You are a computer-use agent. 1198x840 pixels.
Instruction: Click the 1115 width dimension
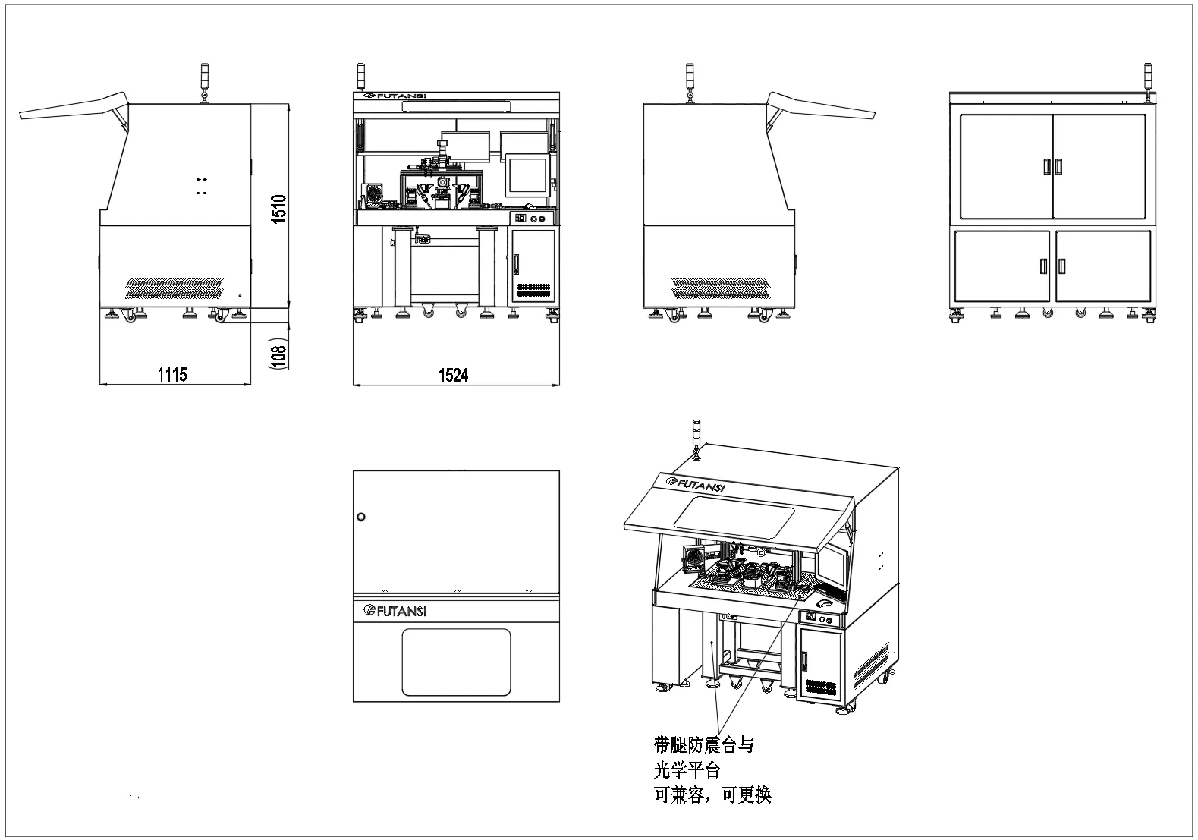click(x=172, y=373)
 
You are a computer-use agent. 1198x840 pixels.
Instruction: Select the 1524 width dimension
click(x=453, y=374)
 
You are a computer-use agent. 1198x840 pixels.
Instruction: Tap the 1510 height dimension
click(x=278, y=209)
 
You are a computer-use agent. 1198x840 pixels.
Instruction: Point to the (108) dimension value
click(x=278, y=353)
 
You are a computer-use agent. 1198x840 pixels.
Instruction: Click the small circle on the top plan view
click(x=360, y=517)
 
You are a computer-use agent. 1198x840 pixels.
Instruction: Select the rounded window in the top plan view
click(x=455, y=662)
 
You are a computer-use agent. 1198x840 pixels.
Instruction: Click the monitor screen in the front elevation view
click(x=527, y=174)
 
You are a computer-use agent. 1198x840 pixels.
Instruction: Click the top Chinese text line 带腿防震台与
click(x=703, y=745)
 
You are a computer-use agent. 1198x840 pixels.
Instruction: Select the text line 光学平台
click(x=687, y=770)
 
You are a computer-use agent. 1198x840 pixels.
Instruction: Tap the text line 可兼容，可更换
click(x=712, y=795)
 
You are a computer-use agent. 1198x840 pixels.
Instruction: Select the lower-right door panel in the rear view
click(x=1103, y=266)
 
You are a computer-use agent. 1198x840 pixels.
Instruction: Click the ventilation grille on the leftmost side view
click(x=175, y=287)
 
